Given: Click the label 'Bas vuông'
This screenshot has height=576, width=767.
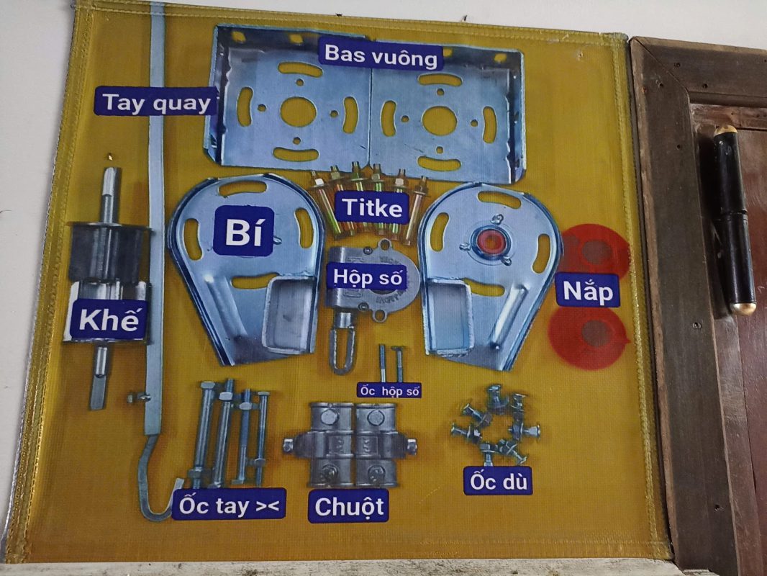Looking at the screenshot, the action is point(381,55).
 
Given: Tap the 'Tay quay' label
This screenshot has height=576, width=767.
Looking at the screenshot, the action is point(156,102).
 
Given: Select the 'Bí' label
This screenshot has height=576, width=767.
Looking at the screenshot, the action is point(243,231).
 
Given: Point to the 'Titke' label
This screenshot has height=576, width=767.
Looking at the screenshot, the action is point(372,207).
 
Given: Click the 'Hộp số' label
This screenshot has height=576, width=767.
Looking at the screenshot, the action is point(368,277).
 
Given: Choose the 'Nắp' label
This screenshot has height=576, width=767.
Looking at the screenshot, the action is point(587,291).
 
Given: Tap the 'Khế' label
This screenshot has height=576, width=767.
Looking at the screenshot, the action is point(109,320).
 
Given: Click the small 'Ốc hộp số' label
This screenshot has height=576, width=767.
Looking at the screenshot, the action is point(389,391).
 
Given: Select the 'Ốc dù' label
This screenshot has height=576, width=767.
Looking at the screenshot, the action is point(498,482).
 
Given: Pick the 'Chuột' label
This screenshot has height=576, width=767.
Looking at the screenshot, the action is point(349,506).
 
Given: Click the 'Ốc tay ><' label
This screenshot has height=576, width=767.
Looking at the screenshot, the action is point(229,505).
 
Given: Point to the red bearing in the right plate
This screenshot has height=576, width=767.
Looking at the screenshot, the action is point(490,242).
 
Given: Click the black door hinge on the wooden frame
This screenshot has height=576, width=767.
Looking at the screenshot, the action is point(734,220).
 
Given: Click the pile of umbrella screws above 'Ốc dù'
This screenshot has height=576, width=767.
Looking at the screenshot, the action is point(495,425).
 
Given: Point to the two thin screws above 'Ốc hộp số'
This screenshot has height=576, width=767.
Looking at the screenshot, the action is point(391,364).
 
